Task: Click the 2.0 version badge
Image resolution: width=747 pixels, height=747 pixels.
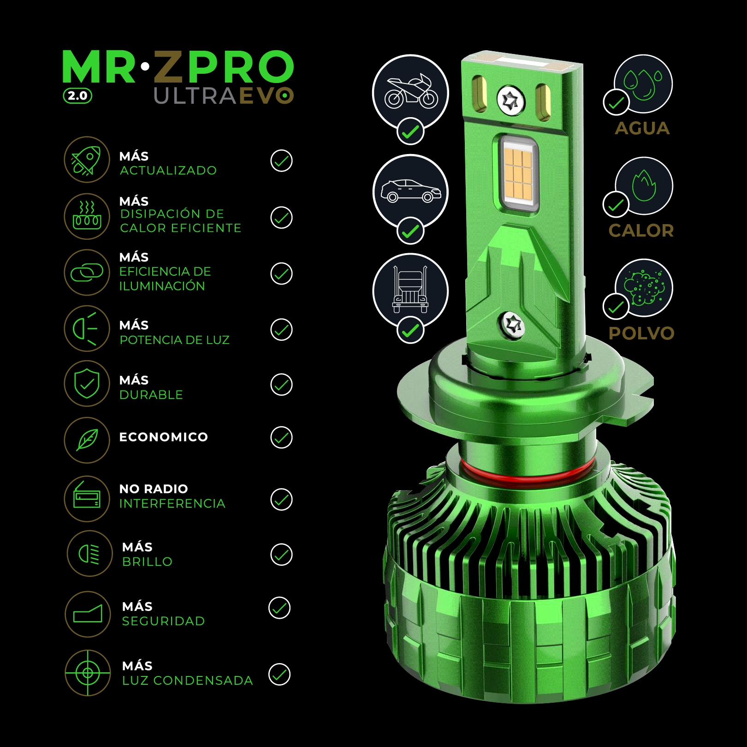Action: (77, 96)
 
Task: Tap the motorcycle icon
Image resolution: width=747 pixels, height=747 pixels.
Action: (411, 92)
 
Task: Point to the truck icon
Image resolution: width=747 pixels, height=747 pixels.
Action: (410, 289)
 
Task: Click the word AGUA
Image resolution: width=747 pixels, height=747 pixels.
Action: (642, 128)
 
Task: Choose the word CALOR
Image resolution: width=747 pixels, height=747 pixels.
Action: (641, 231)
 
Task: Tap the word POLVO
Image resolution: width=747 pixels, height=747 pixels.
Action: (641, 333)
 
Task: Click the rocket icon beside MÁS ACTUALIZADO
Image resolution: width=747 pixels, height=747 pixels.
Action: (87, 160)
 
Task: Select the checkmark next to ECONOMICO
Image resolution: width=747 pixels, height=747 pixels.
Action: (281, 437)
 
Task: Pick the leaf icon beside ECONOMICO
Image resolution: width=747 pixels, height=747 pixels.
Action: (87, 440)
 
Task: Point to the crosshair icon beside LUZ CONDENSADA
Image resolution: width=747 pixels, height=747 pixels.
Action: (88, 673)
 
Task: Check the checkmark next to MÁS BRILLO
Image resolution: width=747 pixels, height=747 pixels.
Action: (281, 554)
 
